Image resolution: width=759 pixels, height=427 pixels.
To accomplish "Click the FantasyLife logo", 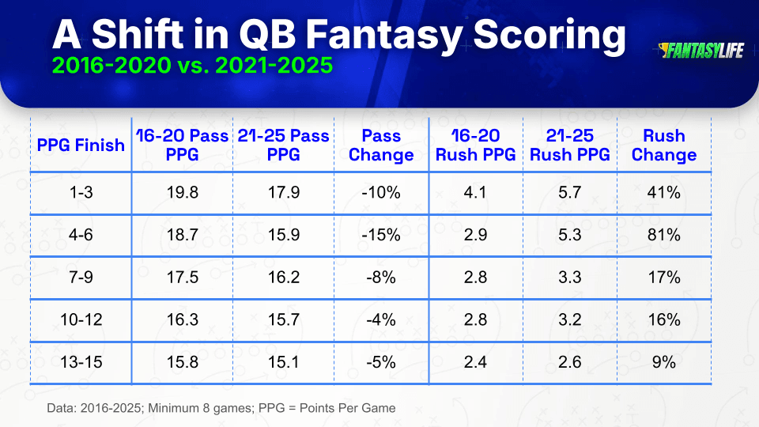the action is point(701,51).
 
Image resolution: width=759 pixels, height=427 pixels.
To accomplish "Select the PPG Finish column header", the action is point(81,145).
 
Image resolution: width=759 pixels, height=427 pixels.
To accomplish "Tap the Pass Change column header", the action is point(381,145).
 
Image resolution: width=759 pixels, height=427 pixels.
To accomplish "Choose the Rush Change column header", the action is point(663,145).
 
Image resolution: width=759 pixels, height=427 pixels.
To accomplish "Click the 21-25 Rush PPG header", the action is point(570,145).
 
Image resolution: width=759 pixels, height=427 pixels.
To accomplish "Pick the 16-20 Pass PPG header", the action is point(182,145).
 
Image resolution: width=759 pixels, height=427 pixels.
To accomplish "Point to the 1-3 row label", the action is point(81,192).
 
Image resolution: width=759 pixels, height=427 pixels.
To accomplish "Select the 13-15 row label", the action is point(81,362).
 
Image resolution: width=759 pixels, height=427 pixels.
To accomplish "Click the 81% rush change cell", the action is point(663,235).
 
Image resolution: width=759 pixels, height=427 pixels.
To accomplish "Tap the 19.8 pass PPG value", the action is point(182,192).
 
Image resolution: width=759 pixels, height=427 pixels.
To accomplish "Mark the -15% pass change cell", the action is point(381,235).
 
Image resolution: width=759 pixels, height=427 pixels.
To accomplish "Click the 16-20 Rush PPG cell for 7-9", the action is point(475,278).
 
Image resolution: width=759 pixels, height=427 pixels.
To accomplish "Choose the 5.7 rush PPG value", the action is point(570,192).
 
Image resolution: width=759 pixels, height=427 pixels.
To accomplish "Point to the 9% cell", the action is point(663,362).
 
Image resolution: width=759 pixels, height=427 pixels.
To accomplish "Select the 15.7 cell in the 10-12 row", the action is point(284,319).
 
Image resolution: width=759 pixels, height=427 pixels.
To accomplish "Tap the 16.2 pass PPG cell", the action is point(284,278).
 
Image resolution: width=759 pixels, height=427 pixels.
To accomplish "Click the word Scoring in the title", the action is point(549,35).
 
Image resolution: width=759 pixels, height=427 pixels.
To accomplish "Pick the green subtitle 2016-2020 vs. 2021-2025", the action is point(192,65).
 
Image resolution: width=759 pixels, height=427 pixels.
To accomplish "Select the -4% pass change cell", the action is point(381,319).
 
